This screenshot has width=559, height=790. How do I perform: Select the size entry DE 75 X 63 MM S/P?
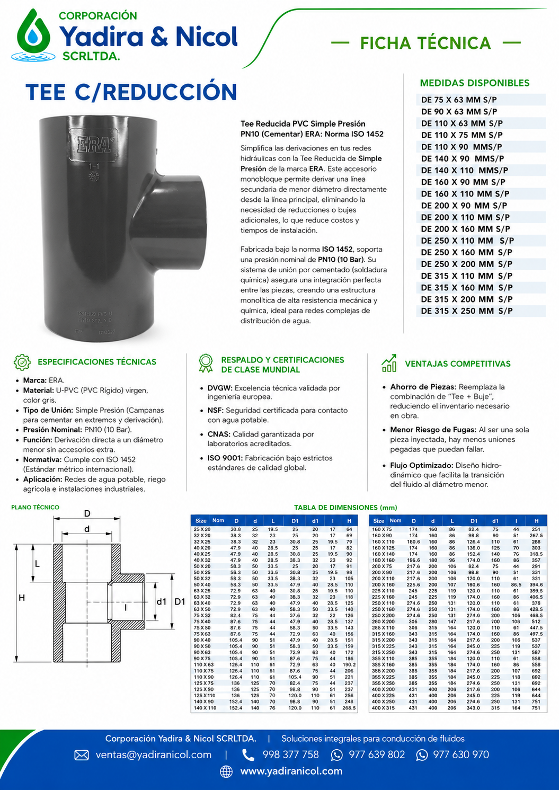click(459, 100)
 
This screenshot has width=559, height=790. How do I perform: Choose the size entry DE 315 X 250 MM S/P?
click(467, 310)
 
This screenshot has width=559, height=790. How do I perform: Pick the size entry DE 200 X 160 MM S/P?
click(466, 229)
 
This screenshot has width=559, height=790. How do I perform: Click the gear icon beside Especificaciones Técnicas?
click(22, 362)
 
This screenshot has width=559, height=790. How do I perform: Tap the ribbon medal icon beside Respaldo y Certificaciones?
click(206, 363)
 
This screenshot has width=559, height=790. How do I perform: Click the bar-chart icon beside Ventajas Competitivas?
click(389, 363)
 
